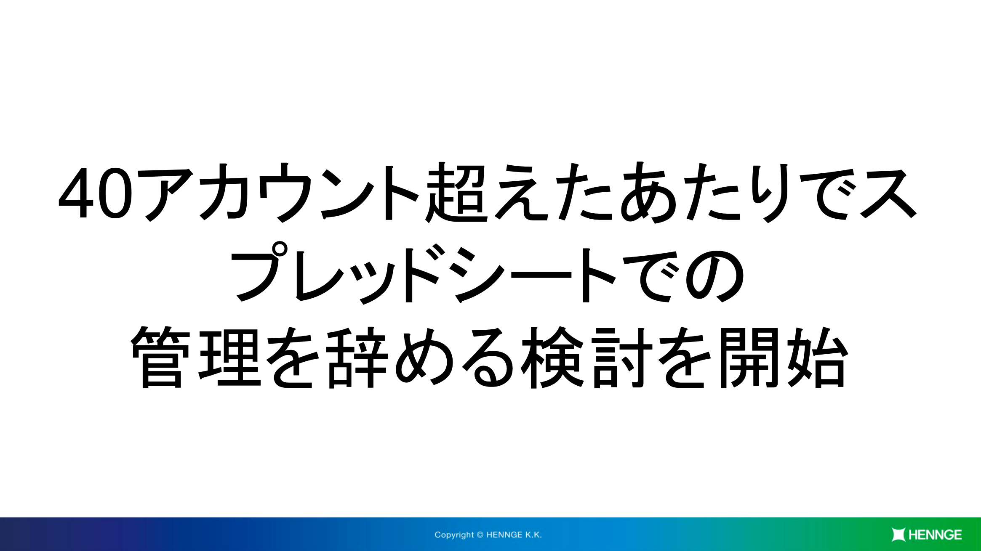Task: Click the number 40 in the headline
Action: pyautogui.click(x=96, y=193)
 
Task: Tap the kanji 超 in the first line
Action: pyautogui.click(x=456, y=192)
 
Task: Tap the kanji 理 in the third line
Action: pyautogui.click(x=230, y=358)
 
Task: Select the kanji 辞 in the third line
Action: pyautogui.click(x=357, y=357)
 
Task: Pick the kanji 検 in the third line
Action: pyautogui.click(x=552, y=358)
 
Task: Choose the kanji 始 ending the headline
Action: pyautogui.click(x=817, y=357)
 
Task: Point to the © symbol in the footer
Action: pyautogui.click(x=480, y=535)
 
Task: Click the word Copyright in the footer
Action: pyautogui.click(x=454, y=535)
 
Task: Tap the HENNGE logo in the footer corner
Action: pyautogui.click(x=927, y=535)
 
